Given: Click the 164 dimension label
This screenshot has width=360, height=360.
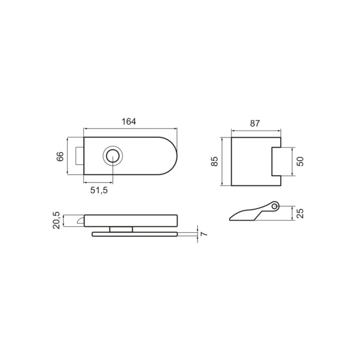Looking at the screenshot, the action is pos(128,121).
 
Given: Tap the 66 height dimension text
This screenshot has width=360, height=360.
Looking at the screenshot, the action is pos(60,157).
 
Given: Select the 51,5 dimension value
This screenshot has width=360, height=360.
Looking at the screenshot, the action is pos(99,190).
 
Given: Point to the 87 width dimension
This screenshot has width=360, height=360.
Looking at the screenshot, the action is pos(255,124).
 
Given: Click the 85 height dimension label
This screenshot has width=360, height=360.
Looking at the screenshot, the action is pos(214,161).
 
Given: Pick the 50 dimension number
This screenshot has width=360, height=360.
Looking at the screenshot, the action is pos(300,161).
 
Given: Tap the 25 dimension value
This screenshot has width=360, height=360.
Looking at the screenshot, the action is pos(300,213).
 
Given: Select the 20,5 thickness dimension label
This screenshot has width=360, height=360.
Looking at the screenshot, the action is pos(56,220).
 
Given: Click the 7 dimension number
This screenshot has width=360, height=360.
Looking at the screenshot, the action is pos(203,234).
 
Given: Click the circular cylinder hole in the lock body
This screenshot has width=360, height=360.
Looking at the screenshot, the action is pos(113,155).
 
